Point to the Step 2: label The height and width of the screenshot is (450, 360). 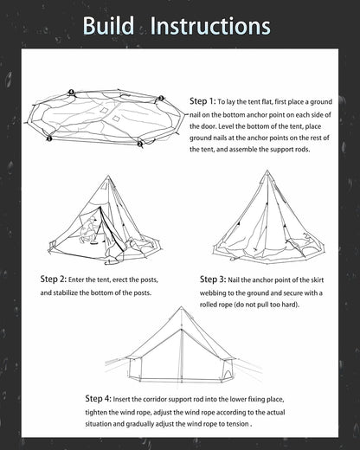(54, 279)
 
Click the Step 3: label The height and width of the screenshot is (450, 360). (213, 279)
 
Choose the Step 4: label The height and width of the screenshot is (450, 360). (99, 398)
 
